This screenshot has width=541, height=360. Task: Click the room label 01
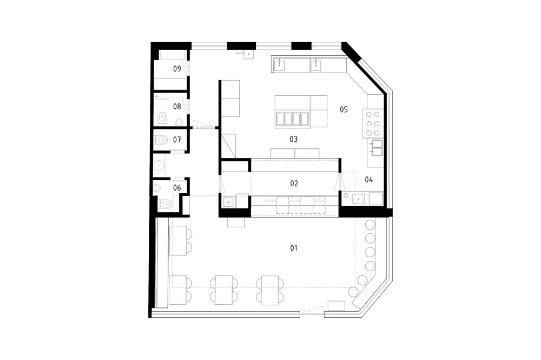(x=294, y=248)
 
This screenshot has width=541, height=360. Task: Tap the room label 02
(x=294, y=184)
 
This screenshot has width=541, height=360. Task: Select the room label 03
(x=294, y=139)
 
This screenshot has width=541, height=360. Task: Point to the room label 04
(x=369, y=180)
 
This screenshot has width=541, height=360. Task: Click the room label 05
(x=344, y=109)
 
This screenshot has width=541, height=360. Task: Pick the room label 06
(x=177, y=188)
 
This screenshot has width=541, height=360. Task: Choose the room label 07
(x=177, y=140)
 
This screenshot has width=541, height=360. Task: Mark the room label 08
(x=177, y=106)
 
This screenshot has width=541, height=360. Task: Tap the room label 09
(x=177, y=69)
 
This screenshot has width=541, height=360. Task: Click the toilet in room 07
(x=161, y=140)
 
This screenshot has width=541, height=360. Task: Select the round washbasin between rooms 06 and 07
(x=159, y=166)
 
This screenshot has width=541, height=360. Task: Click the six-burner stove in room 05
(x=373, y=123)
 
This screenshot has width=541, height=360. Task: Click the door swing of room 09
(x=186, y=68)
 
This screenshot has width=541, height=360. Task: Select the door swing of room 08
(x=186, y=106)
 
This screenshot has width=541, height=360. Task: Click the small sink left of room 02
(x=228, y=202)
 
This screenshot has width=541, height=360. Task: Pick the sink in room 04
(x=359, y=199)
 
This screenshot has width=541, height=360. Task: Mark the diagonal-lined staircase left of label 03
(x=228, y=146)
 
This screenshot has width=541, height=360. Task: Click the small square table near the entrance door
(x=337, y=306)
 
